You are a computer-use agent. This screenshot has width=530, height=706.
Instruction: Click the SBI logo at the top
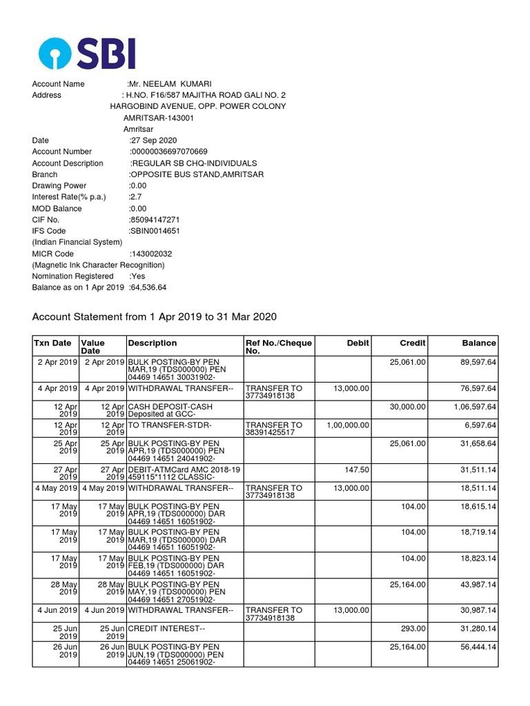(x=88, y=53)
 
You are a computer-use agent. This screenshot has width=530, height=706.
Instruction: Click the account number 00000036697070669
(x=169, y=152)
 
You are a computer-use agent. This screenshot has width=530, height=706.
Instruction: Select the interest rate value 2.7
(x=135, y=197)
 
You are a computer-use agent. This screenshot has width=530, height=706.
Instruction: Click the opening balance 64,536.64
(x=148, y=288)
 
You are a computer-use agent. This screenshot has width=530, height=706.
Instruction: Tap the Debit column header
(x=358, y=343)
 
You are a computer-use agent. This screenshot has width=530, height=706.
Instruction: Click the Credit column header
(x=413, y=343)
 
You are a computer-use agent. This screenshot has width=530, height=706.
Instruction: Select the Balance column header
(x=479, y=343)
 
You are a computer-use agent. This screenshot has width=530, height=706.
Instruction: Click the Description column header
(x=152, y=343)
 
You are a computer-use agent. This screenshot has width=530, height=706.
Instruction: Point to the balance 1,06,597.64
(x=475, y=407)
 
